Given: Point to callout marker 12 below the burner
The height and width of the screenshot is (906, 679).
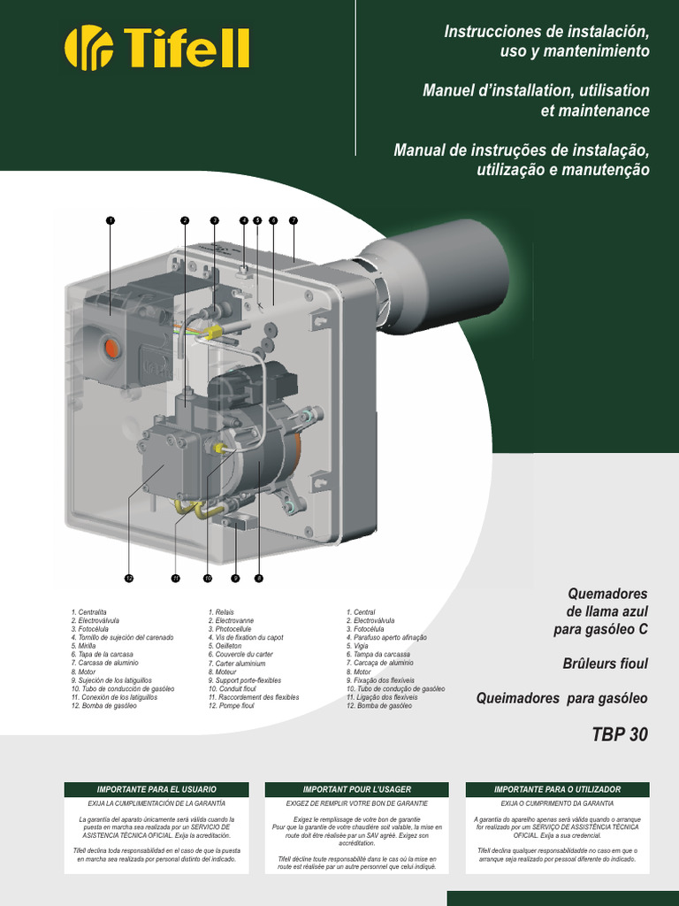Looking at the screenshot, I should pos(128,579).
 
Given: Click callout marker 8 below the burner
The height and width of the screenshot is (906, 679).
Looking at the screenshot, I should pos(259,579).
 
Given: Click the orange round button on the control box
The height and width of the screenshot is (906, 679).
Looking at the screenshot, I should pos(111,348).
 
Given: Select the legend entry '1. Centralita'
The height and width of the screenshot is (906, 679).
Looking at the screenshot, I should pos(89,612).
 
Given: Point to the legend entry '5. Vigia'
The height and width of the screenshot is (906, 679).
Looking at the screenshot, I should pos(362,646).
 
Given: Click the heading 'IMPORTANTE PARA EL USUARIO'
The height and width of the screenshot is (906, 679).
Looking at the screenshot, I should pos(156,788).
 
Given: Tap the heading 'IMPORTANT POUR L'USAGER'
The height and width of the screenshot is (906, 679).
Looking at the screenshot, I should pos(356,788).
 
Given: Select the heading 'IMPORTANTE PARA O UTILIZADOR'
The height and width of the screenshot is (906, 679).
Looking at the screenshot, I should pos(557,788).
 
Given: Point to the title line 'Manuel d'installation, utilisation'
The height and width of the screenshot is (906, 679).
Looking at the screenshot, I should pos(536,91).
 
